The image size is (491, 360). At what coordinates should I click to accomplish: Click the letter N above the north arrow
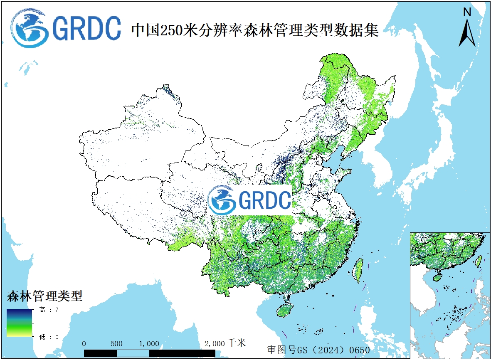click(x=467, y=12)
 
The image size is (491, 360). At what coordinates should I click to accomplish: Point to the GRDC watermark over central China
click(x=249, y=200)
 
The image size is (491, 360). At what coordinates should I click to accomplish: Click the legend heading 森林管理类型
click(x=44, y=296)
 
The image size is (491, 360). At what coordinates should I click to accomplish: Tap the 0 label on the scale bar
click(x=84, y=344)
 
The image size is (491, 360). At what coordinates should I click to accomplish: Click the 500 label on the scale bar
click(x=117, y=344)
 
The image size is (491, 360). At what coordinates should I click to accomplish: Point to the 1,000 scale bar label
click(x=149, y=344)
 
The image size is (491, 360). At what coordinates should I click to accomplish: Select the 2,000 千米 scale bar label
click(x=225, y=343)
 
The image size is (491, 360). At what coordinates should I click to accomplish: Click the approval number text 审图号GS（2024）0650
click(x=318, y=350)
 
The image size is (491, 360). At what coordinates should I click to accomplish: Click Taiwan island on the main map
click(x=358, y=270)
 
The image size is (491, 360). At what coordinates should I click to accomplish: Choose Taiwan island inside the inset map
click(x=479, y=261)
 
